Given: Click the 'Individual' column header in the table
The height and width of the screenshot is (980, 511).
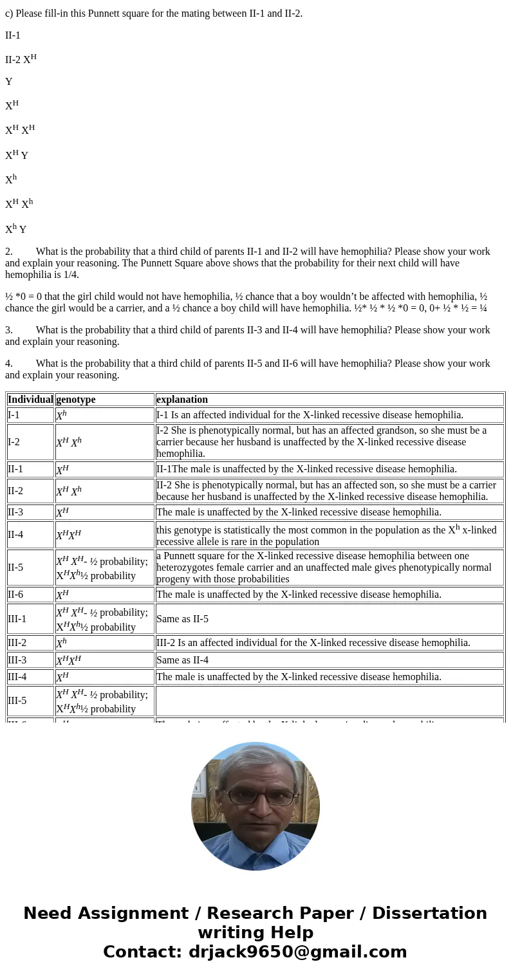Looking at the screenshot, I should (x=30, y=400).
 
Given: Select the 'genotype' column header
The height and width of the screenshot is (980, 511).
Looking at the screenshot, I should (x=75, y=400).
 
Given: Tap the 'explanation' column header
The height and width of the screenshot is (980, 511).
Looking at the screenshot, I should (x=182, y=400).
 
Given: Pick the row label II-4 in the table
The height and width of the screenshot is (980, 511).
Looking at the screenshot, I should (x=15, y=535).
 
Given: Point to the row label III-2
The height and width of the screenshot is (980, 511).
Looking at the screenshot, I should (x=17, y=643).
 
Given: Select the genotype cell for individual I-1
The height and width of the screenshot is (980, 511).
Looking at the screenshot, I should (x=61, y=416).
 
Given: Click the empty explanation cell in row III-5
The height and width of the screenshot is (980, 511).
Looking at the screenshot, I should (x=329, y=701).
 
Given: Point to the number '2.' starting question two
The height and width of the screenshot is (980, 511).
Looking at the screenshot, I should (x=9, y=252).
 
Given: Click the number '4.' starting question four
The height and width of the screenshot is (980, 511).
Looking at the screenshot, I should (x=9, y=364).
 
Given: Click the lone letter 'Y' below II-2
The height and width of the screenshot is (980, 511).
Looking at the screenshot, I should (x=9, y=82).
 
